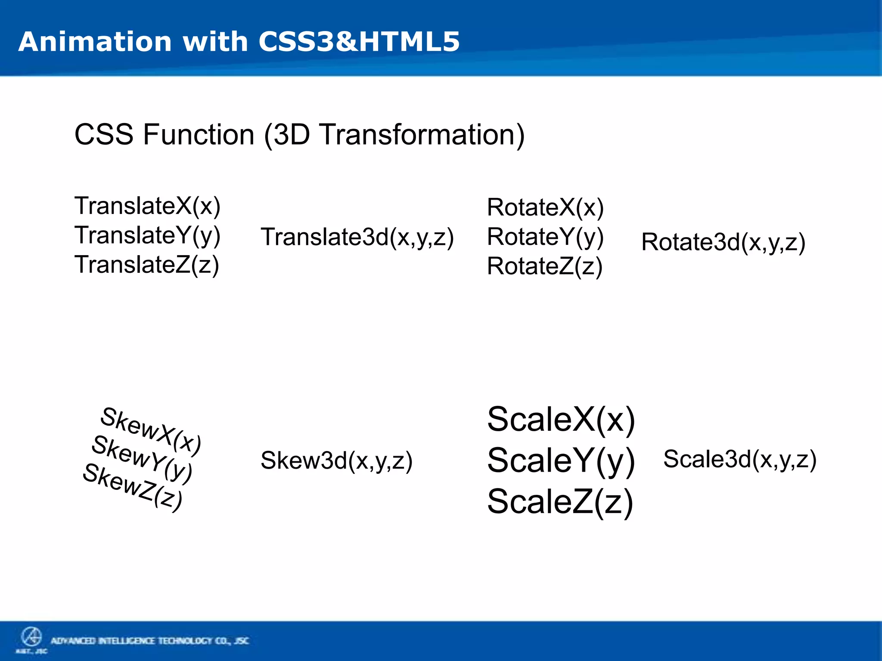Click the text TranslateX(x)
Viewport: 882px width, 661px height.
coord(147,206)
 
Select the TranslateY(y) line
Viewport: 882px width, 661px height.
coord(147,236)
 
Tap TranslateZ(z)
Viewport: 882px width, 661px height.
coord(146,265)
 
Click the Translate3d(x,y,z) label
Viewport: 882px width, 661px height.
coord(357,237)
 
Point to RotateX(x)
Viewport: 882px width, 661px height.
coord(545,207)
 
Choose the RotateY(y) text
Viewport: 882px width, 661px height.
coord(545,237)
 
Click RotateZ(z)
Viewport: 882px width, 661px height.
coord(544,266)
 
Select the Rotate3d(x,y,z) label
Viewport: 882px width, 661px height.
coord(723,242)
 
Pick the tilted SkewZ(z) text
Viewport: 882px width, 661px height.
coord(133,487)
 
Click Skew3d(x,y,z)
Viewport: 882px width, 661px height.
coord(336,460)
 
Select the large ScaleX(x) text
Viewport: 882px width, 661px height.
coord(561,420)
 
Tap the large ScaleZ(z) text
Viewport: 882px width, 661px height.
coord(560,502)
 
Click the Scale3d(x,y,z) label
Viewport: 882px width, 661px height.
coord(739,459)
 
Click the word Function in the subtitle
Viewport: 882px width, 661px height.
coord(199,135)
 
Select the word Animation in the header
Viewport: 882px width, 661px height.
coord(95,42)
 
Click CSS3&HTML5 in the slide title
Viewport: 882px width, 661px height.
coord(359,42)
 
